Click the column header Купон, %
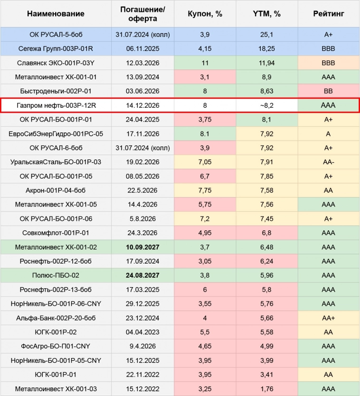(205, 14)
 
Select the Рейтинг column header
(328, 14)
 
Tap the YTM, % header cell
(266, 14)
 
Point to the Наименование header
(56, 14)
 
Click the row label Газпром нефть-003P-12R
(56, 105)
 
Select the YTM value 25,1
(266, 35)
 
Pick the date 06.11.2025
(142, 48)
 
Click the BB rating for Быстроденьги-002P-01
(328, 91)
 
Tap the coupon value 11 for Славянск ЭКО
(205, 63)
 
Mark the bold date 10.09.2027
(142, 247)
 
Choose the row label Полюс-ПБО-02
(56, 275)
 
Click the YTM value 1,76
(266, 389)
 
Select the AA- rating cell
(328, 162)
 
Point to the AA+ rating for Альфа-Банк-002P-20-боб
(328, 318)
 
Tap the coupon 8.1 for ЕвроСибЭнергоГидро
(205, 134)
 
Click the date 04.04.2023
(142, 332)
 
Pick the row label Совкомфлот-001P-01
(56, 233)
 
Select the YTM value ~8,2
(266, 105)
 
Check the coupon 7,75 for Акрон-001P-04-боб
(205, 190)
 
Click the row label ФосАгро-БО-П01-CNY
(56, 346)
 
